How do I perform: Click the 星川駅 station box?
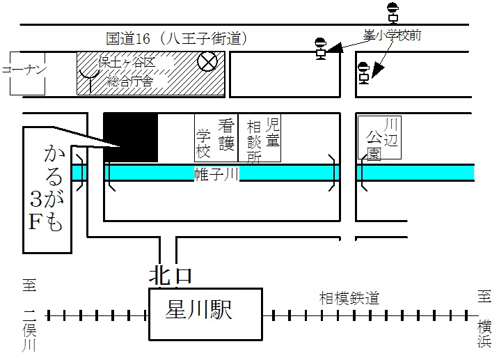[205, 314]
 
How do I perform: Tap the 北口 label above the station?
[171, 276]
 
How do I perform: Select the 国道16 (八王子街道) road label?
[176, 38]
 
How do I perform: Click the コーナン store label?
[24, 70]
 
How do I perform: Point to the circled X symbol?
[207, 61]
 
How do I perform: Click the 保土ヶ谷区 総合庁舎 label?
[127, 72]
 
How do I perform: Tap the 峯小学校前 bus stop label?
[393, 35]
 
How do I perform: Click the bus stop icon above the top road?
[393, 13]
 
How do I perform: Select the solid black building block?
[131, 137]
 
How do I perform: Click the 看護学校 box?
[216, 138]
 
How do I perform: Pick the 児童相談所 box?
[260, 138]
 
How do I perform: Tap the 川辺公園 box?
[379, 137]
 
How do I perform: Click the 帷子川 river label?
[216, 174]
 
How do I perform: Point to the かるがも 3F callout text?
[47, 189]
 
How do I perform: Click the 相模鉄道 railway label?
[349, 298]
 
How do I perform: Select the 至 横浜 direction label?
[484, 318]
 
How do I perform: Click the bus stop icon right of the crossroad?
[364, 73]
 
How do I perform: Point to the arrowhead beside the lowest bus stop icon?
[377, 71]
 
